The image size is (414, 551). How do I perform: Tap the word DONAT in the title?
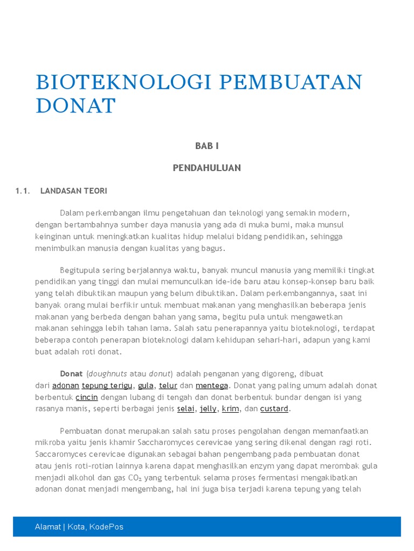pyautogui.click(x=75, y=106)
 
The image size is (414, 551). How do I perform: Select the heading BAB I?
pyautogui.click(x=207, y=146)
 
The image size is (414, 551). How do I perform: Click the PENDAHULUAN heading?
pyautogui.click(x=207, y=168)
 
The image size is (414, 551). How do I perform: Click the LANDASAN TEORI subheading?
pyautogui.click(x=74, y=191)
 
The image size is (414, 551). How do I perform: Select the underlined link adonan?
pyautogui.click(x=66, y=386)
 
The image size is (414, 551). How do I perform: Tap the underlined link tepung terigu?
pyautogui.click(x=107, y=386)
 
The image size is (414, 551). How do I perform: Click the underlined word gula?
pyautogui.click(x=146, y=386)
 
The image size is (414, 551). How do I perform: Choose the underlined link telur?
pyautogui.click(x=168, y=386)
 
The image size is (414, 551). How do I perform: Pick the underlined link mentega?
pyautogui.click(x=212, y=386)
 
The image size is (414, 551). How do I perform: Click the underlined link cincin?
pyautogui.click(x=87, y=397)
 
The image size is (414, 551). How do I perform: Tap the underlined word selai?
pyautogui.click(x=185, y=409)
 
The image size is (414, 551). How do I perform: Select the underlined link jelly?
pyautogui.click(x=208, y=409)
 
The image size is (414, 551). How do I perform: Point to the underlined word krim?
pyautogui.click(x=230, y=409)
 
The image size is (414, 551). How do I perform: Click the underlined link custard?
pyautogui.click(x=274, y=409)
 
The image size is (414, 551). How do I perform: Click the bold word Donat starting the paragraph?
pyautogui.click(x=71, y=374)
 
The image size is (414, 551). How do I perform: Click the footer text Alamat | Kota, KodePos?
pyautogui.click(x=79, y=527)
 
